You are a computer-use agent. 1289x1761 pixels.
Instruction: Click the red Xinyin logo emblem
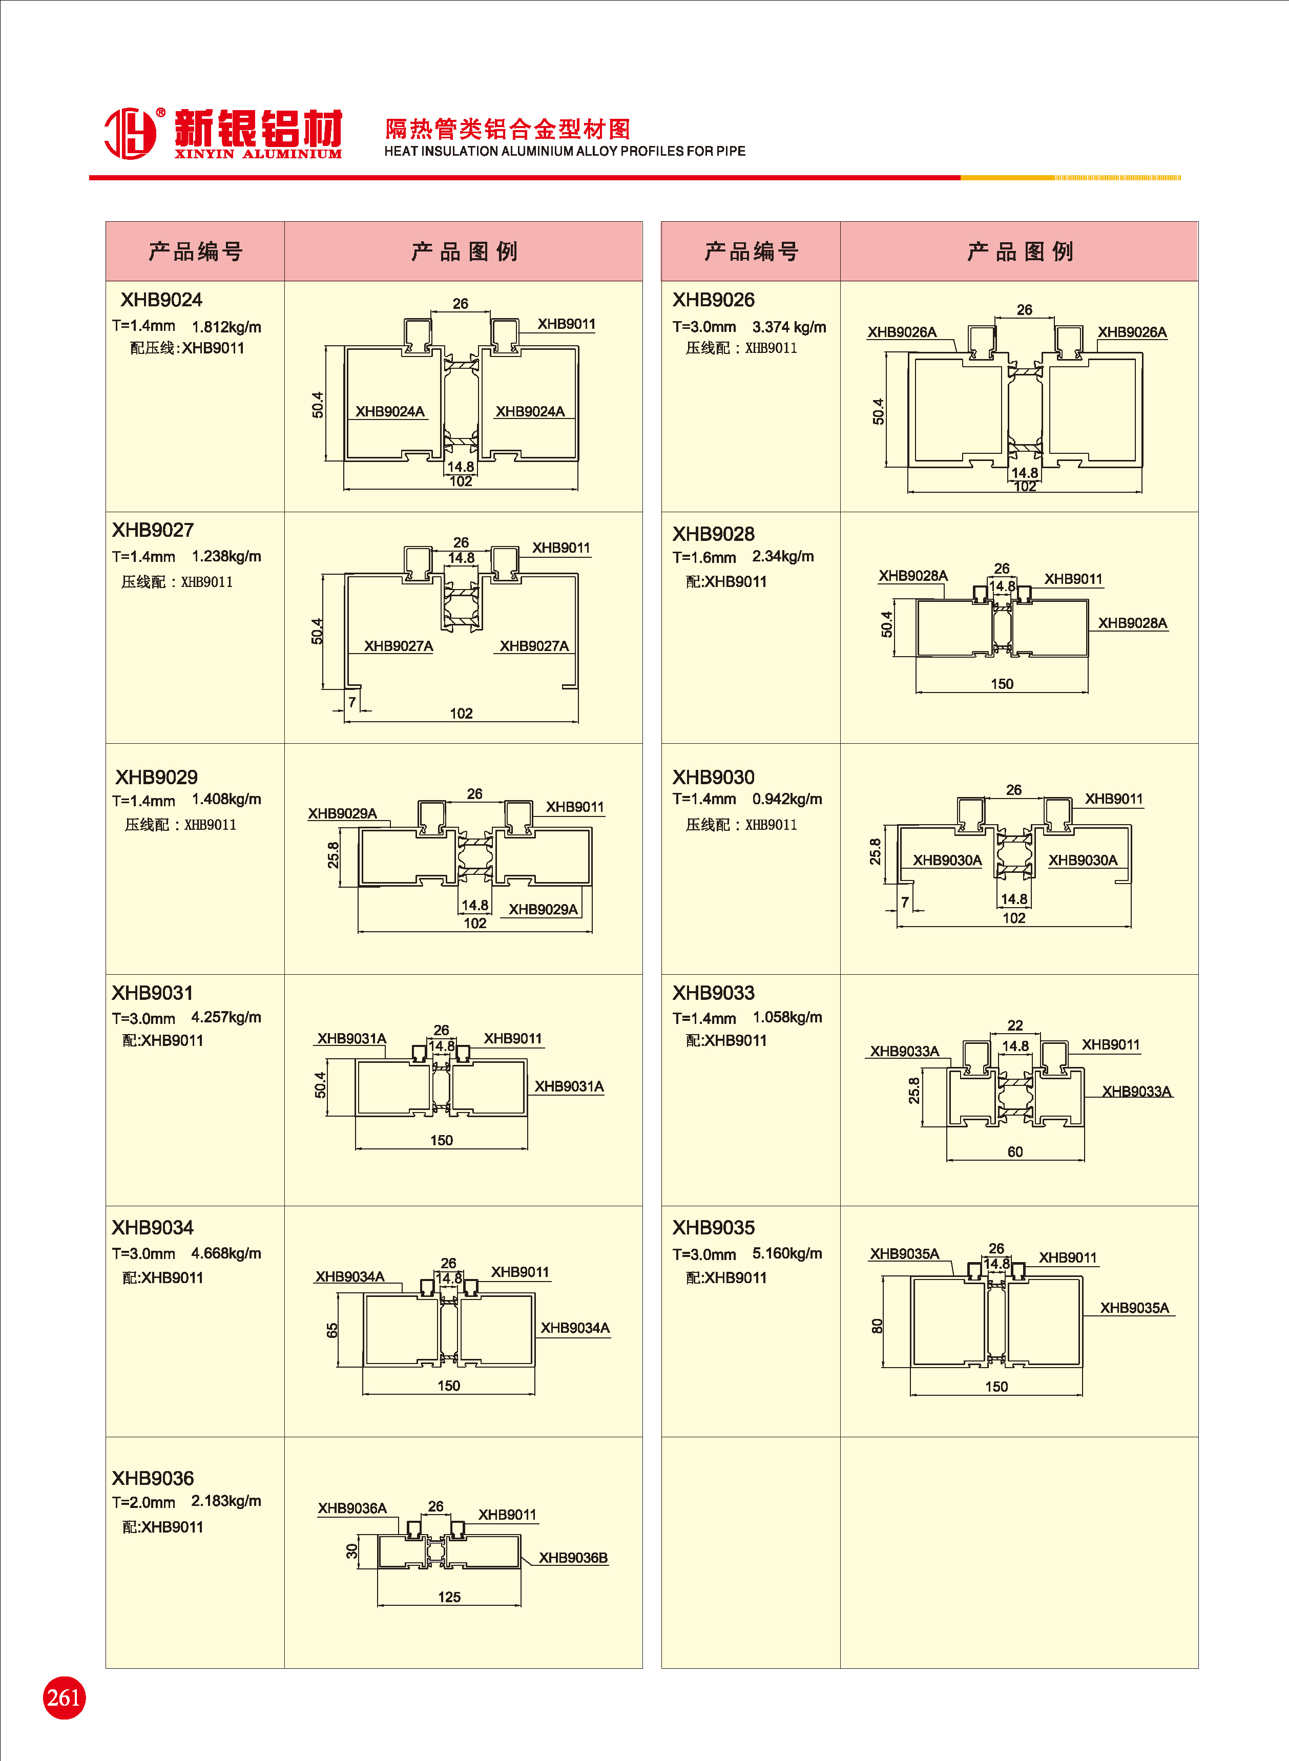(130, 133)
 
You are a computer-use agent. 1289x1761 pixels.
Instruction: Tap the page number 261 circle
(64, 1697)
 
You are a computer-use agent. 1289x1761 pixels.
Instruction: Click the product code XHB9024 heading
(161, 300)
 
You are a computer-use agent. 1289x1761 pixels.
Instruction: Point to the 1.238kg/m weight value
(226, 556)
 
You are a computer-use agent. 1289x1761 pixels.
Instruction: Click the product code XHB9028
(713, 534)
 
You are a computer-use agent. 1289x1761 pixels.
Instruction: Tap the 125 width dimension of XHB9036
(449, 1597)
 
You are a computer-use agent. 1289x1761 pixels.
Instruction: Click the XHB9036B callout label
(573, 1558)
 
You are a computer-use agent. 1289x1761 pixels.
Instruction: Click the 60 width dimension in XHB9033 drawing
(1014, 1151)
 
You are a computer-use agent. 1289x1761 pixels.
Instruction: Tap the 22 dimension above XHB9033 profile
(1014, 1025)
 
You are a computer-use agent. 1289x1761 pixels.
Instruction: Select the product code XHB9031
(152, 993)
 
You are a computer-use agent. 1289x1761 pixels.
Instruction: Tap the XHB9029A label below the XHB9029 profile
(543, 909)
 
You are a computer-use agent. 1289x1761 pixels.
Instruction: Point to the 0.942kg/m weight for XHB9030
(786, 799)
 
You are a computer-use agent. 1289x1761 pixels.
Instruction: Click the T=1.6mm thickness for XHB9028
(704, 557)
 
